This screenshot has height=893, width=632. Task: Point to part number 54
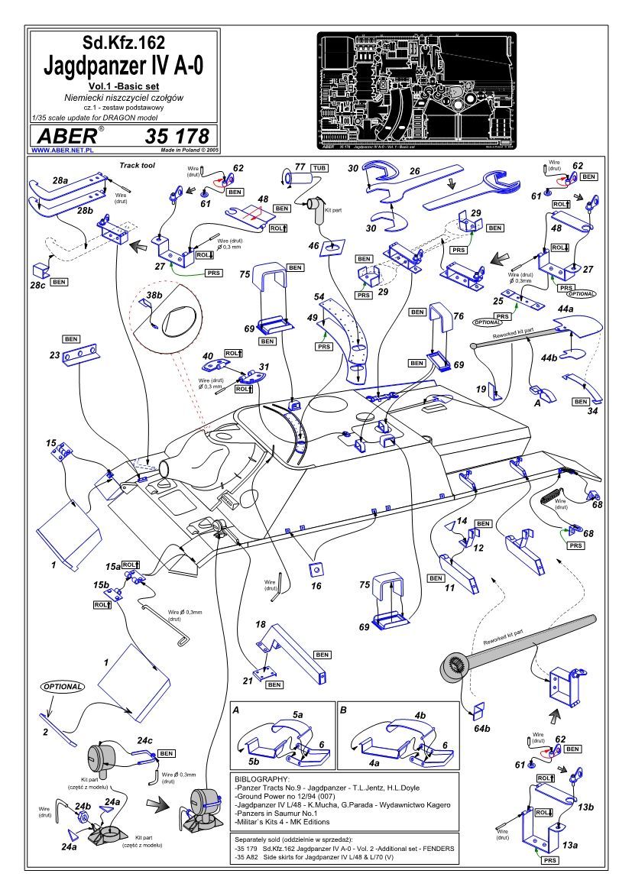coord(319,296)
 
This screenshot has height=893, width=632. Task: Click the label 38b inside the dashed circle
coord(155,296)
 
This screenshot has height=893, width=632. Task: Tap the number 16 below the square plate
coord(316,586)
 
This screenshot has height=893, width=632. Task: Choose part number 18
coord(261,624)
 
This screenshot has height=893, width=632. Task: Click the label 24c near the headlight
coord(144,740)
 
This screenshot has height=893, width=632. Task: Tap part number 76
coord(459,316)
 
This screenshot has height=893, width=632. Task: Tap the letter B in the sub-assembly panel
coord(343,710)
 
